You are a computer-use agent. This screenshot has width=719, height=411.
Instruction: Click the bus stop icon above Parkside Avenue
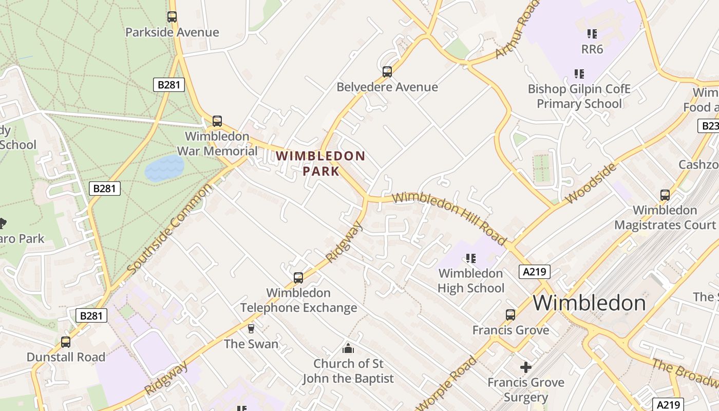coord(172,17)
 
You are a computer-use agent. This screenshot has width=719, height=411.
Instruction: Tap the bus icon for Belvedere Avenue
coord(387,72)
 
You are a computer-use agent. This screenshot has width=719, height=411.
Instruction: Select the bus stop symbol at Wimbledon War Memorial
coord(217,121)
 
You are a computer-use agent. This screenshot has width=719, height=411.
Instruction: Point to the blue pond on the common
coord(164,168)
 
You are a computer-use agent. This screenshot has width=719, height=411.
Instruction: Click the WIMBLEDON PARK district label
coord(320,163)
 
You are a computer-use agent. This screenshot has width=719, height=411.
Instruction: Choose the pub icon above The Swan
coord(251,329)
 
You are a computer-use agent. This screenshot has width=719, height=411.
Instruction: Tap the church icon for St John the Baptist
coord(348,348)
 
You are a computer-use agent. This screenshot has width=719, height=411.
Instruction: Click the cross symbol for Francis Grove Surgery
coord(525,367)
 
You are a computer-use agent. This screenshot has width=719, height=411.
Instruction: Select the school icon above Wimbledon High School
coord(470,258)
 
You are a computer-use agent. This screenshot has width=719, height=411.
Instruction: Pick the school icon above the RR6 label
coord(592,34)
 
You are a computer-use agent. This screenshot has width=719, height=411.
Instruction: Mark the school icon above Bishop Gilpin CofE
coord(579,74)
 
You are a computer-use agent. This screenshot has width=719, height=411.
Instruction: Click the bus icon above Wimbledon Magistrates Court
coord(665,195)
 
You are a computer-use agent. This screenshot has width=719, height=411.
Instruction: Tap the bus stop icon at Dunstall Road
coord(66,342)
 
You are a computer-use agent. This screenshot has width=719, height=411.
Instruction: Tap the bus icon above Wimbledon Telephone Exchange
coord(298,278)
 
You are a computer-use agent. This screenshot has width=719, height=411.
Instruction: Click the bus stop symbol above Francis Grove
coord(510,315)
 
